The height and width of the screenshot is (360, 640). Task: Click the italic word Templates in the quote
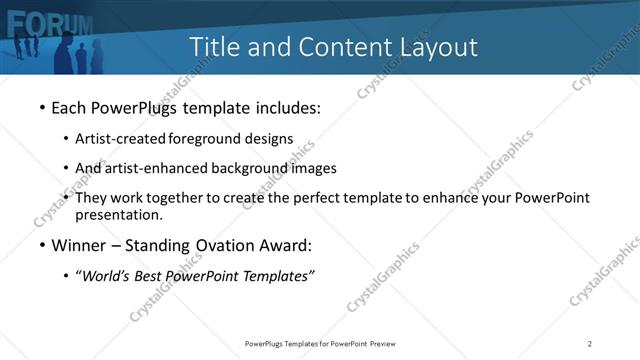click(x=279, y=277)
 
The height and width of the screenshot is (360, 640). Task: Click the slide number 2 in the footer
click(x=590, y=344)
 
